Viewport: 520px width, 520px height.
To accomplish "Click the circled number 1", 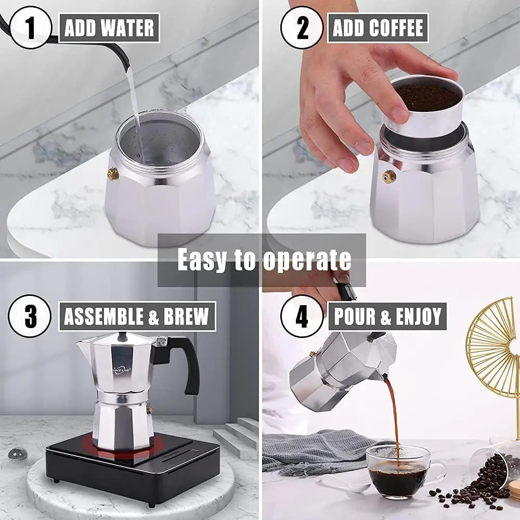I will (30, 28).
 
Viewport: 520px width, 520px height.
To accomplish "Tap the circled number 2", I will (302, 28).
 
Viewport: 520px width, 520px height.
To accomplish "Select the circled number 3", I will (30, 316).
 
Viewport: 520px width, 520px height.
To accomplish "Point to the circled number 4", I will (302, 316).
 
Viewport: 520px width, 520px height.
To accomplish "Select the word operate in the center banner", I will (307, 259).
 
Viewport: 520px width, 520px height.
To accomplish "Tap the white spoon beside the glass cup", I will (341, 484).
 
